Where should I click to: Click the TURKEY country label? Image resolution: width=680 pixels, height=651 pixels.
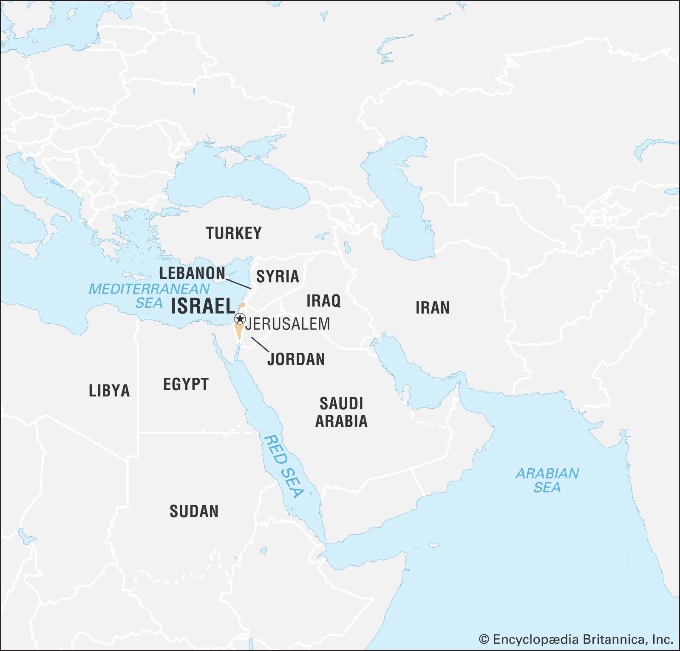(x=234, y=233)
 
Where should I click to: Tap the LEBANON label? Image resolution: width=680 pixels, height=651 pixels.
(x=192, y=273)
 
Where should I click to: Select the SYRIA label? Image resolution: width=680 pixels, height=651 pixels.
(x=278, y=277)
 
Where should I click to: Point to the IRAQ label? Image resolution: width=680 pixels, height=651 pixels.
(x=323, y=301)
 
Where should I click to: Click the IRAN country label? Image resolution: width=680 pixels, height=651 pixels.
(x=432, y=308)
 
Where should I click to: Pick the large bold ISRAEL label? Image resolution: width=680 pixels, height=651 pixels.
(x=203, y=306)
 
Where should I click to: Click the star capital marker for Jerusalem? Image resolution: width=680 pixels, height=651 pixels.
(x=240, y=319)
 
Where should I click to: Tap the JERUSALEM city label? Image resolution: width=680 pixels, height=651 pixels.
(x=288, y=324)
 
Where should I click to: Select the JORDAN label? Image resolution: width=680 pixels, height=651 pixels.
(x=296, y=359)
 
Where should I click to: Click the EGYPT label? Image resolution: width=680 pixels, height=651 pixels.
(x=186, y=385)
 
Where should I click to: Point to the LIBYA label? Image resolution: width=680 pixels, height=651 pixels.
(x=109, y=391)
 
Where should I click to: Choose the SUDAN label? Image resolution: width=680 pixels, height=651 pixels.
(x=194, y=511)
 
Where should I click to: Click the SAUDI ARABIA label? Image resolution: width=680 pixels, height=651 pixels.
(x=341, y=412)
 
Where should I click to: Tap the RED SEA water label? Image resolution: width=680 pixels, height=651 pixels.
(x=283, y=466)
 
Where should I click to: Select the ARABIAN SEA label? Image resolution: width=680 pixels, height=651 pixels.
(x=547, y=480)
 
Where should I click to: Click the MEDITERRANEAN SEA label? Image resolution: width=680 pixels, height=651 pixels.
(x=149, y=296)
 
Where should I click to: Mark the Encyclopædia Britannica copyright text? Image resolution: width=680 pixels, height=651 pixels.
(x=576, y=639)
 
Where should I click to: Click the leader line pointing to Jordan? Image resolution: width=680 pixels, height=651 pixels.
(x=260, y=345)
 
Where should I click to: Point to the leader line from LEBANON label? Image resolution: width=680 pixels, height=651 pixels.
(x=238, y=283)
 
